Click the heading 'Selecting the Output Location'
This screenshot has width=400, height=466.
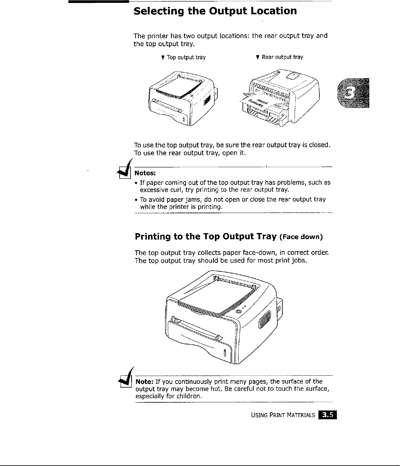coord(215,11)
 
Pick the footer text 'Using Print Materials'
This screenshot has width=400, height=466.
coord(283,416)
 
